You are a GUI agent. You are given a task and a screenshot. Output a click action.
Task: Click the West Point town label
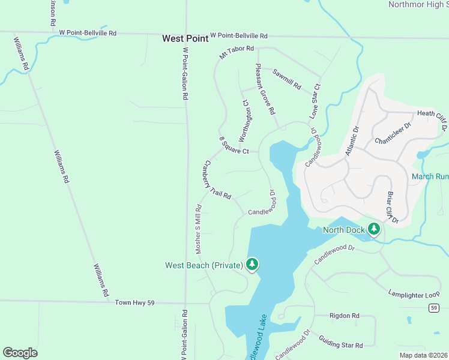(185, 38)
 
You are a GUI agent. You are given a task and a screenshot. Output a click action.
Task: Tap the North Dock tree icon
(374, 229)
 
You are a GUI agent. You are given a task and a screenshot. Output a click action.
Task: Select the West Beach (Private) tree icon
(252, 264)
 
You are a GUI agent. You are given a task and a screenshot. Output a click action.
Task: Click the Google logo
(20, 353)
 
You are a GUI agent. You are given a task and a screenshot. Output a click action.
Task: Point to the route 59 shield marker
(433, 308)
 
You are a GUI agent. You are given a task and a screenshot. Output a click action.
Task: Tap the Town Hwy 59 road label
(134, 303)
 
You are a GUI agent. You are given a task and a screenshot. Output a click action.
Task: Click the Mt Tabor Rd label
(237, 52)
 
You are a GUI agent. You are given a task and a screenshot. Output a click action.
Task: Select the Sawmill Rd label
(286, 79)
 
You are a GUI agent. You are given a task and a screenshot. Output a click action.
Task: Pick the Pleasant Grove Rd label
(265, 89)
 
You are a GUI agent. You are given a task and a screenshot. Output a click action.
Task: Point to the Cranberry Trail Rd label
(217, 179)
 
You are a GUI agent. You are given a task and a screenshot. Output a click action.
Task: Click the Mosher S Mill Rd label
(198, 230)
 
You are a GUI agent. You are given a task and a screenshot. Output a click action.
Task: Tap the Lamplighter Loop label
(414, 295)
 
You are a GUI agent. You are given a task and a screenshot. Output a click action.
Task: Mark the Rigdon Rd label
(345, 315)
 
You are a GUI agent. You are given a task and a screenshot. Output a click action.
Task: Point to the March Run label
(430, 176)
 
